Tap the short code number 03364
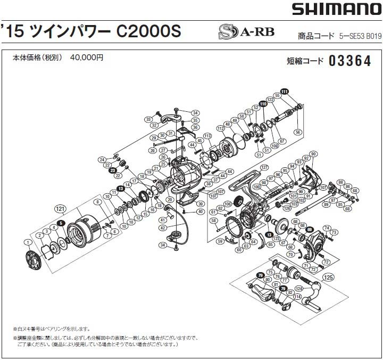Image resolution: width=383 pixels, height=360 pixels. (349, 61)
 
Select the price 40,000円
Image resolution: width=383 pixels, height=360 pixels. (87, 58)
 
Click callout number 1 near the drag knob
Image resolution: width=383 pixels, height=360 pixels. (27, 242)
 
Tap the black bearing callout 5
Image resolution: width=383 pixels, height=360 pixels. (62, 224)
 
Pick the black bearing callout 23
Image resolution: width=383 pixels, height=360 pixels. (113, 170)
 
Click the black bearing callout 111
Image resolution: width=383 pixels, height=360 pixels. (285, 91)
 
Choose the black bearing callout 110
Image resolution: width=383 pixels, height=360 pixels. (263, 103)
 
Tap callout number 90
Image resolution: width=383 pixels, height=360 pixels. (314, 154)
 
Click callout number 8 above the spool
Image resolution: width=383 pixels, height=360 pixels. (98, 202)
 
